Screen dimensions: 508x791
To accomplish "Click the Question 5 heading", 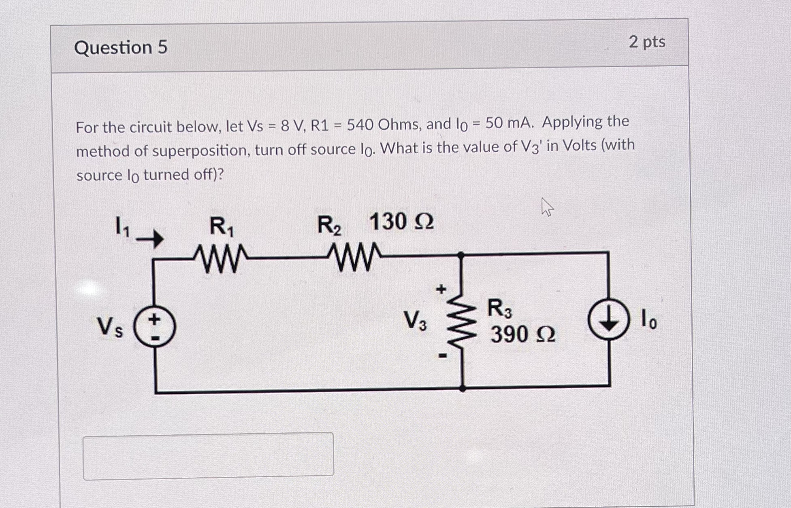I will pyautogui.click(x=121, y=48).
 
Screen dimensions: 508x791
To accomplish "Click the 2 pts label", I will pyautogui.click(x=647, y=42).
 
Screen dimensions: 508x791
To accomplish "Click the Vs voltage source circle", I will pyautogui.click(x=155, y=327).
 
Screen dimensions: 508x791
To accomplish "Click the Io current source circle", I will pyautogui.click(x=609, y=319).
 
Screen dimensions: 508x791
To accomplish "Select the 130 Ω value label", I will pyautogui.click(x=401, y=222).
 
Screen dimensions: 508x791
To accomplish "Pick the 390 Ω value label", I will pyautogui.click(x=523, y=334).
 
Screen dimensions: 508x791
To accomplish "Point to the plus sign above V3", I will pyautogui.click(x=441, y=289).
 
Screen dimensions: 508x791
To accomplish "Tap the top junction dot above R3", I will pyautogui.click(x=461, y=255).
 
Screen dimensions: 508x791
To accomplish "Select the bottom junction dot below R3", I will pyautogui.click(x=463, y=388).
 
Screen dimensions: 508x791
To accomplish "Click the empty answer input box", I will pyautogui.click(x=208, y=456).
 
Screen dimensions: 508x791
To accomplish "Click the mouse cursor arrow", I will pyautogui.click(x=547, y=207).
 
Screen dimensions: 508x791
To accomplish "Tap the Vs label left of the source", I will pyautogui.click(x=109, y=327).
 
